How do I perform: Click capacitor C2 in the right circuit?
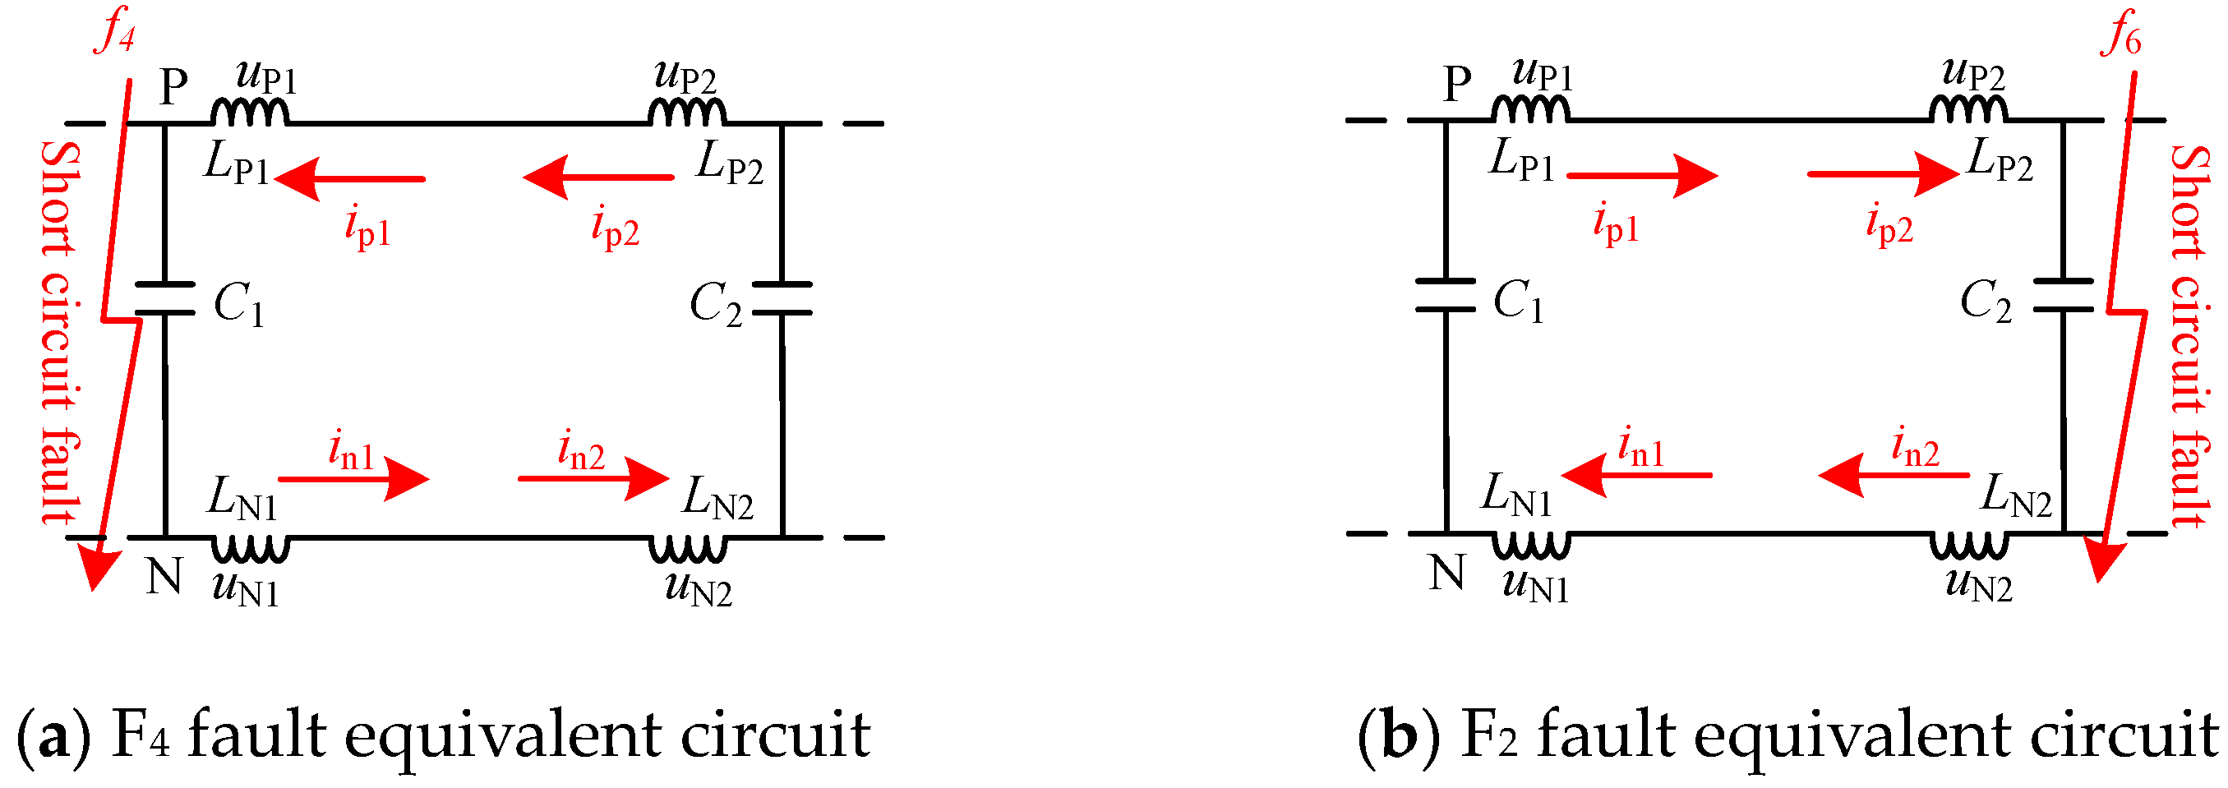pyautogui.click(x=2063, y=295)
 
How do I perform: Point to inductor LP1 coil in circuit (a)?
pyautogui.click(x=250, y=113)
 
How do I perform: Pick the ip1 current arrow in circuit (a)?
pyautogui.click(x=349, y=178)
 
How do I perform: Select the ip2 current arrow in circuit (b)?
pyautogui.click(x=1882, y=174)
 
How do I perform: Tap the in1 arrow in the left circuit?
pyautogui.click(x=353, y=478)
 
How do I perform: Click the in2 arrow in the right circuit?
pyautogui.click(x=1894, y=475)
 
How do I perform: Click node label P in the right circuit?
pyautogui.click(x=1456, y=84)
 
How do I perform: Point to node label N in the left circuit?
pyautogui.click(x=164, y=576)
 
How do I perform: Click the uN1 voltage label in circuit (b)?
pyautogui.click(x=1535, y=585)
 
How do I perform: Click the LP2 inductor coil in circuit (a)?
pyautogui.click(x=688, y=113)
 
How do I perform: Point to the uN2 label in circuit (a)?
pyautogui.click(x=698, y=589)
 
